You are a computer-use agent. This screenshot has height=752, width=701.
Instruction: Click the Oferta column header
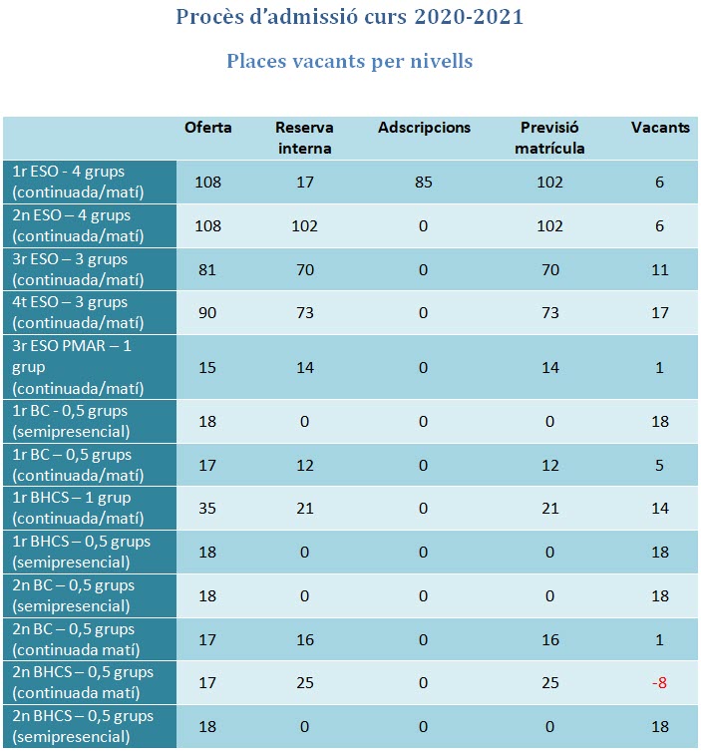(x=208, y=128)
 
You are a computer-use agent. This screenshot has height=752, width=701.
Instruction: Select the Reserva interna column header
(x=304, y=138)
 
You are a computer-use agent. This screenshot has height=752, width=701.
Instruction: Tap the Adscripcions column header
(x=424, y=128)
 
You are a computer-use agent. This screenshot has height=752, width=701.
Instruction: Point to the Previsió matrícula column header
(x=549, y=138)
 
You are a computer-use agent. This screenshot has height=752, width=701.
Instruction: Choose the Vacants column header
(x=660, y=128)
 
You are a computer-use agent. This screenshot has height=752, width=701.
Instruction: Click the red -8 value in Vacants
(x=660, y=683)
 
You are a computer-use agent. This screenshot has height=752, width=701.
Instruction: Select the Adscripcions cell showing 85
(x=424, y=182)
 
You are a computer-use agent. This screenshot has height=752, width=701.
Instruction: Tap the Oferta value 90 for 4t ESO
(x=208, y=313)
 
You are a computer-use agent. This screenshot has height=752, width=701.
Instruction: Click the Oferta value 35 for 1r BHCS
(x=208, y=509)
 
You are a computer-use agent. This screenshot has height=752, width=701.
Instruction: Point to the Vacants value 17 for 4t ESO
(x=660, y=313)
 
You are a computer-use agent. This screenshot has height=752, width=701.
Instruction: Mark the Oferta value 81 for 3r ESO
(x=208, y=269)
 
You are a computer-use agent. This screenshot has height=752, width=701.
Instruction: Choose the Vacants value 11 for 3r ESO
(x=660, y=269)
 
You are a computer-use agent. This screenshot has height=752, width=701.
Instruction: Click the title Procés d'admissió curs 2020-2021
(x=350, y=17)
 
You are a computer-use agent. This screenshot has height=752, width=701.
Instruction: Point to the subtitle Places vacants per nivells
(x=350, y=61)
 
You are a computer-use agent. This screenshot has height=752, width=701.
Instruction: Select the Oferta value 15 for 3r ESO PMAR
(x=208, y=367)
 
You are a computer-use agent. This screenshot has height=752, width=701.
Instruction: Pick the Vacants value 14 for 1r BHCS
(x=660, y=509)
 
